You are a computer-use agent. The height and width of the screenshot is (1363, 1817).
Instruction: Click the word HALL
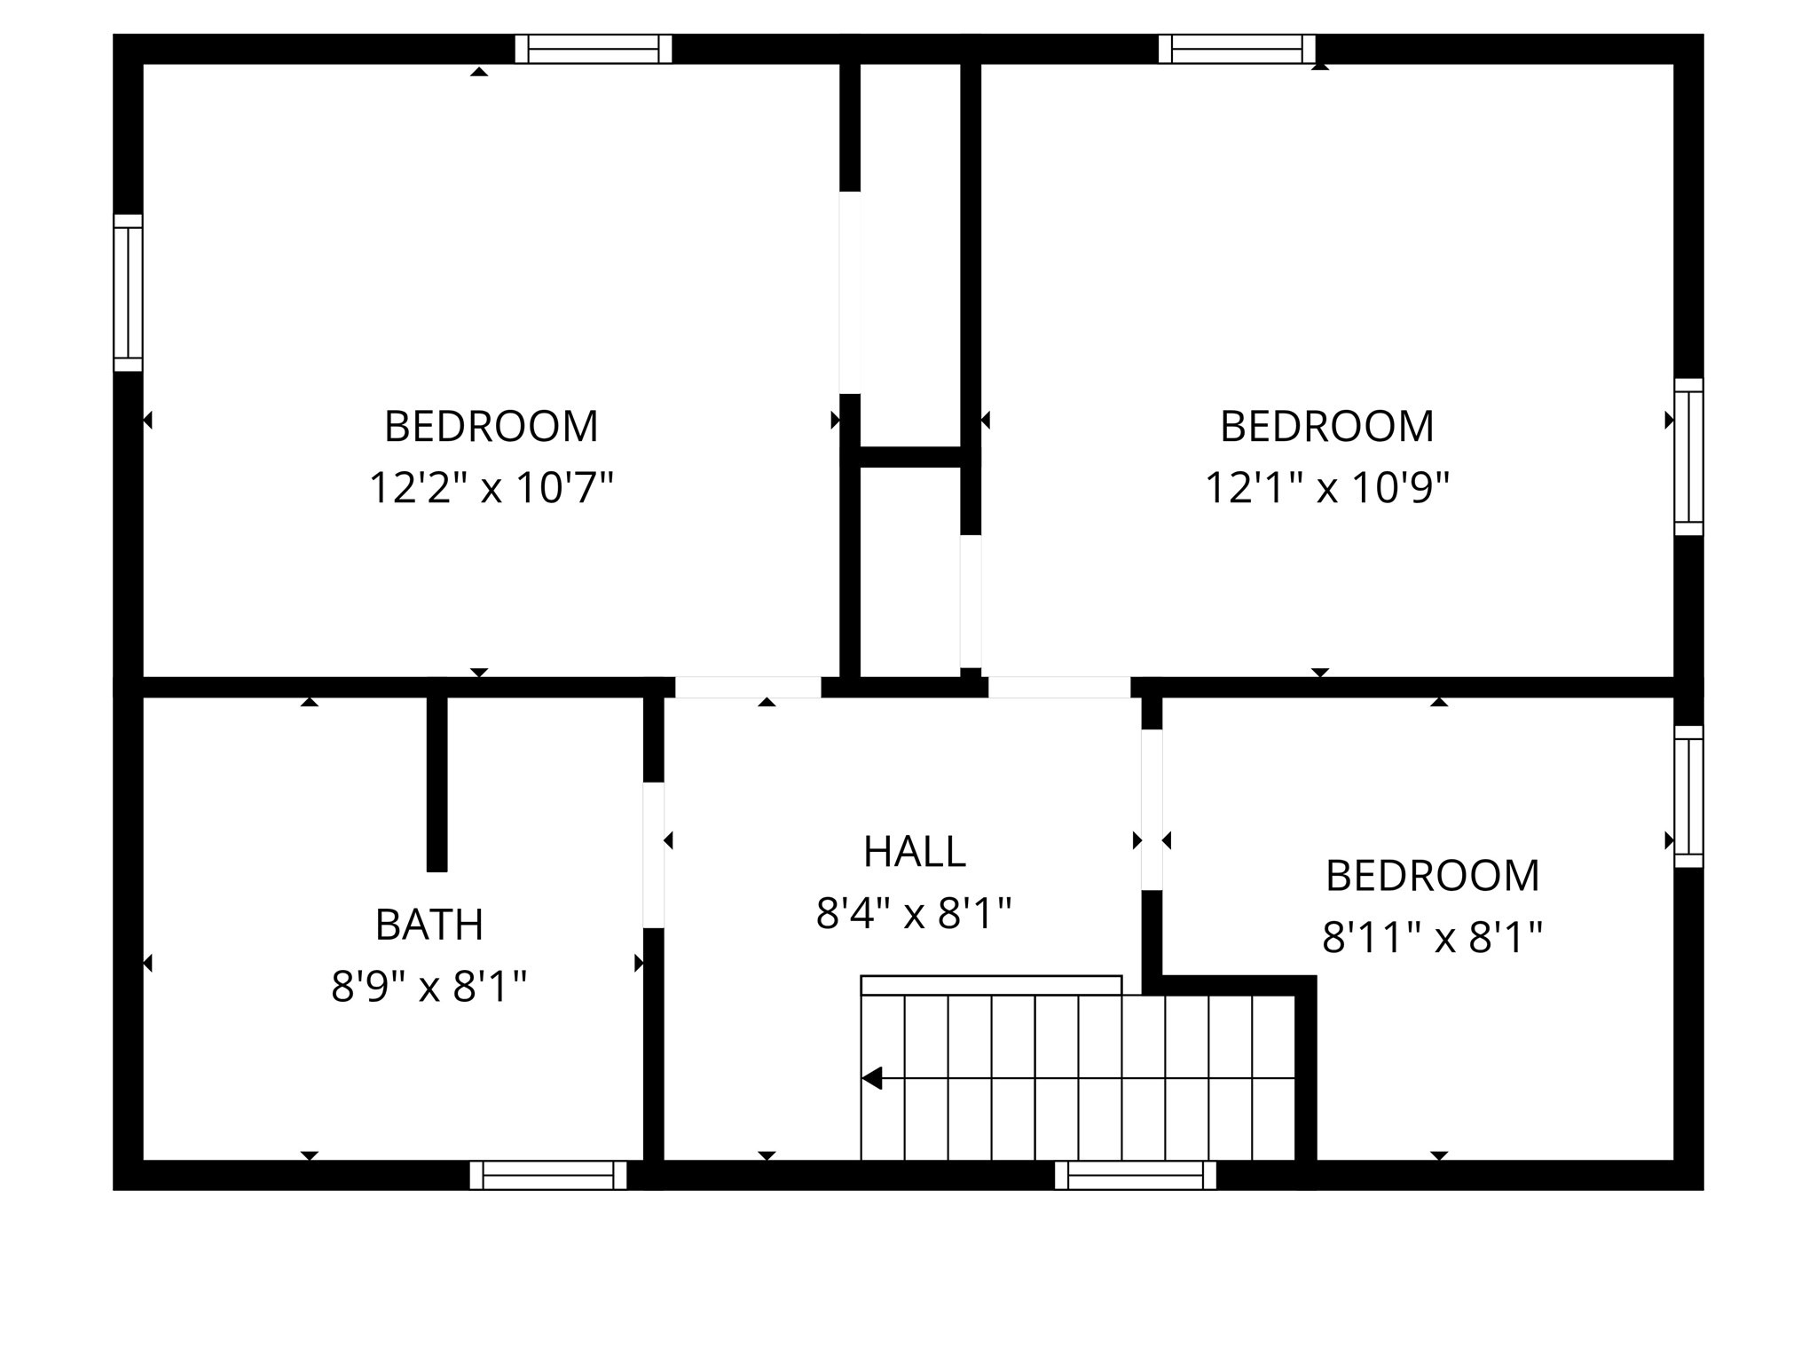pos(914,852)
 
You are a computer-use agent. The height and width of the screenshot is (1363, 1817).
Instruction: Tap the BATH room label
pos(429,925)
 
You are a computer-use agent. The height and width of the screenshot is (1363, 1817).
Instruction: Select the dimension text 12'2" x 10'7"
pos(491,487)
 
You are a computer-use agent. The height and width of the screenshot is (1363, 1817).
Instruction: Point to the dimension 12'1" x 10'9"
pos(1326,487)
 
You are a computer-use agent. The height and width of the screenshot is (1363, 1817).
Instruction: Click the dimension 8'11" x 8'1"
pos(1432,937)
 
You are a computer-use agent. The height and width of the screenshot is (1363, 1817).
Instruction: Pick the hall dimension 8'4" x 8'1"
pos(914,913)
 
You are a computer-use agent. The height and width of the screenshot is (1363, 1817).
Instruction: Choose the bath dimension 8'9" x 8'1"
pos(429,986)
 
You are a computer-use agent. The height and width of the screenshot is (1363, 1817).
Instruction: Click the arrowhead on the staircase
pos(872,1078)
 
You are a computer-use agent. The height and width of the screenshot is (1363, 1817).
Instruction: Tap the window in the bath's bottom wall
pos(548,1175)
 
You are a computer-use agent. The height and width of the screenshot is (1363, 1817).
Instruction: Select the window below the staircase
pos(1135,1175)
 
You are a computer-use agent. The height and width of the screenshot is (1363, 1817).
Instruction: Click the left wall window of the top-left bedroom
pos(128,292)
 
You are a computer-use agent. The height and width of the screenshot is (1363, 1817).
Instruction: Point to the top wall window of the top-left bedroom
pos(594,49)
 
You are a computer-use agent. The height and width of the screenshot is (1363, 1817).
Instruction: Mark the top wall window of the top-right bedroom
pos(1237,49)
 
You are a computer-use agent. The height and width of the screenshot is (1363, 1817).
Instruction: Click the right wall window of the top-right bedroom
pos(1688,457)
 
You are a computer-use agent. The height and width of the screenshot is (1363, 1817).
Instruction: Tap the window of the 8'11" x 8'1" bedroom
pos(1688,796)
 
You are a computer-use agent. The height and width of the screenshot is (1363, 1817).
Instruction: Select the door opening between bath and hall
pos(654,855)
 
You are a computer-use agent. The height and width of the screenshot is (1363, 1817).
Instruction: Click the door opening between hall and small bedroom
pos(1152,809)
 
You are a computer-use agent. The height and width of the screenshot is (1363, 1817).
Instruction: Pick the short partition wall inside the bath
pos(437,783)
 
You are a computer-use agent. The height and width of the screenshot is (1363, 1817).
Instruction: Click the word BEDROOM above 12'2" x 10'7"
pos(491,426)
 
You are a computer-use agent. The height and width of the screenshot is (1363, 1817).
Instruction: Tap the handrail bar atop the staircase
pos(991,985)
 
